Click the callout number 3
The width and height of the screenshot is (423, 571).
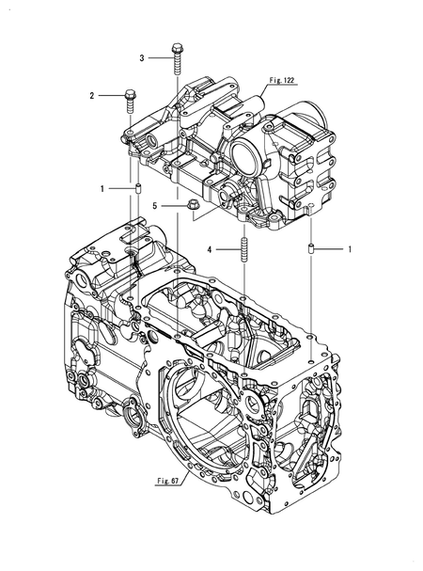pos(142,58)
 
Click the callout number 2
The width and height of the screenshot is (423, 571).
pos(93,95)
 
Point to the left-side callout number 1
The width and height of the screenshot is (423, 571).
pos(102,190)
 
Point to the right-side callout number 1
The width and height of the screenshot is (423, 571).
pos(350,249)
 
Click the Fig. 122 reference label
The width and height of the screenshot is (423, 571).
pos(280,82)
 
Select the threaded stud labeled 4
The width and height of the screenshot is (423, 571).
pos(243,251)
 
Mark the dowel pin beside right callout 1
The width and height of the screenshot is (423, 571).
pos(309,249)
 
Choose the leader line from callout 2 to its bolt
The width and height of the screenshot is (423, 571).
pos(110,95)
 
